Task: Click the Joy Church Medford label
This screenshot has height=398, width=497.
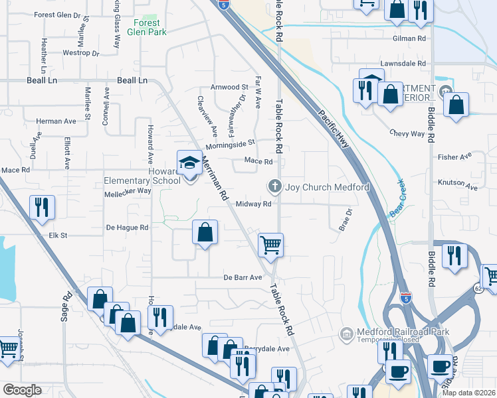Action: pos(327,187)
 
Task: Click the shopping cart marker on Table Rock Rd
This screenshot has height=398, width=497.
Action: pos(270,245)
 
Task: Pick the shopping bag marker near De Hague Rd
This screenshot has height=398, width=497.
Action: pos(205,233)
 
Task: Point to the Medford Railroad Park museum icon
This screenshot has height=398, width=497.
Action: pos(346,332)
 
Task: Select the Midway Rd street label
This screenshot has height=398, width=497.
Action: pos(254,204)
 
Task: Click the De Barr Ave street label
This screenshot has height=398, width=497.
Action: pos(243,277)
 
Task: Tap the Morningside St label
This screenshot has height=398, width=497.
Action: pos(231,143)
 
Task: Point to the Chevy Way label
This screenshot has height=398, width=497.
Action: pos(407,133)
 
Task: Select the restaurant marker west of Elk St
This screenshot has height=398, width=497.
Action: pos(43,208)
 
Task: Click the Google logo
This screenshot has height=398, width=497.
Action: pos(22,390)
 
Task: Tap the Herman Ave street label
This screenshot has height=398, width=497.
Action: pos(56,121)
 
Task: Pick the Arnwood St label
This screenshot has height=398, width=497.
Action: pos(229,87)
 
